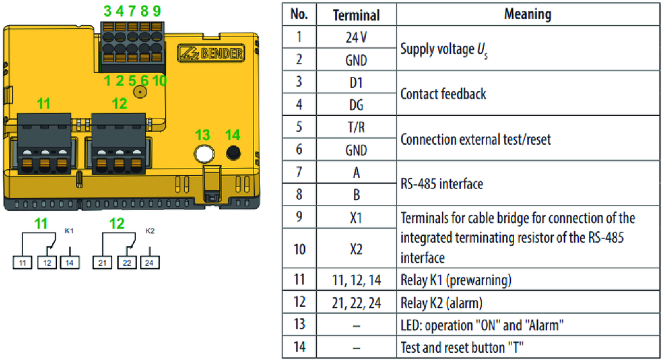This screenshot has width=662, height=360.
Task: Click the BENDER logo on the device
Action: tap(212, 53)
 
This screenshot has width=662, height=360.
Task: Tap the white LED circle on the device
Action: tap(203, 153)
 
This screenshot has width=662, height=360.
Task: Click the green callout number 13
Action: tap(202, 135)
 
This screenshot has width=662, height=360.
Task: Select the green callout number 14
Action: tap(232, 135)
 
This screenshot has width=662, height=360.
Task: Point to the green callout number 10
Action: tap(159, 81)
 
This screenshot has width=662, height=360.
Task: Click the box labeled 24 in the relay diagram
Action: tap(150, 261)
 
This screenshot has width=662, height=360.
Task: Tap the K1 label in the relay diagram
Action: tap(69, 231)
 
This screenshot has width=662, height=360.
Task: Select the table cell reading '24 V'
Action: tap(356, 37)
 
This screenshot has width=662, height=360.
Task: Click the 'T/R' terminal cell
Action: tap(356, 127)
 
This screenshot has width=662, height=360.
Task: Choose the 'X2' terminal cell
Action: tap(356, 249)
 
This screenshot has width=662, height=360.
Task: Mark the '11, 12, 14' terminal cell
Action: tap(356, 280)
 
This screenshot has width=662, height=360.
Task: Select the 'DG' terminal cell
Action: tap(356, 104)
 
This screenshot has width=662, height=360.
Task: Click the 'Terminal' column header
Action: tap(356, 15)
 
